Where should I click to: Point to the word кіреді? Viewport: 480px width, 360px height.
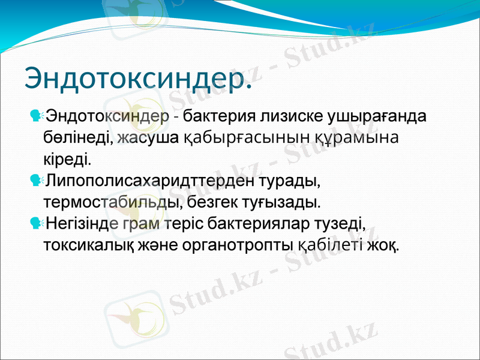click(x=68, y=160)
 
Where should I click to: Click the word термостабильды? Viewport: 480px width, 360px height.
click(x=110, y=202)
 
